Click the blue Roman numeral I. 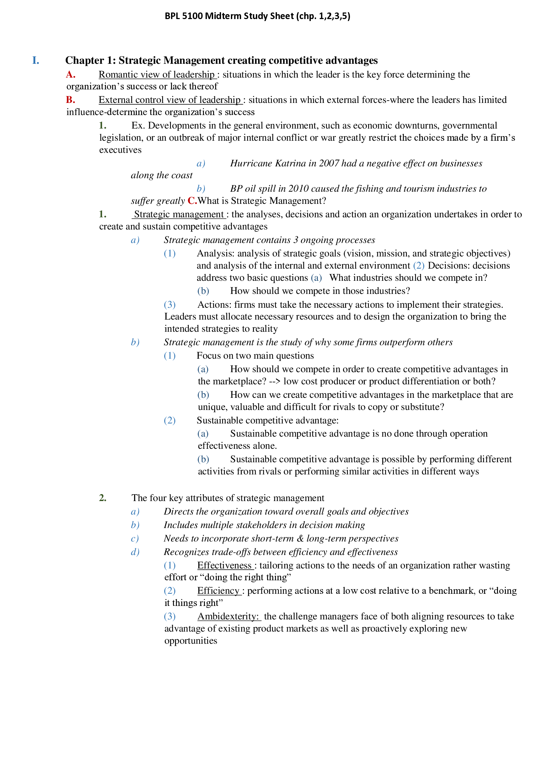click(x=36, y=60)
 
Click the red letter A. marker click(x=70, y=74)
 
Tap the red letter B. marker click(x=70, y=100)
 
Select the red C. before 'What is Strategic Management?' click(x=192, y=201)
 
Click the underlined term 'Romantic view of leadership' click(x=157, y=74)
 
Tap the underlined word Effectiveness click(x=224, y=565)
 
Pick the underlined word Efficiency click(x=218, y=591)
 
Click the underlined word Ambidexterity click(x=228, y=616)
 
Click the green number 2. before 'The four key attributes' click(x=103, y=498)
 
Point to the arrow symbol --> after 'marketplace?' click(x=275, y=381)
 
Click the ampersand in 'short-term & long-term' click(x=300, y=538)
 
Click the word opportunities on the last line click(x=191, y=641)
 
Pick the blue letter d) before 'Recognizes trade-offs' click(x=135, y=552)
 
